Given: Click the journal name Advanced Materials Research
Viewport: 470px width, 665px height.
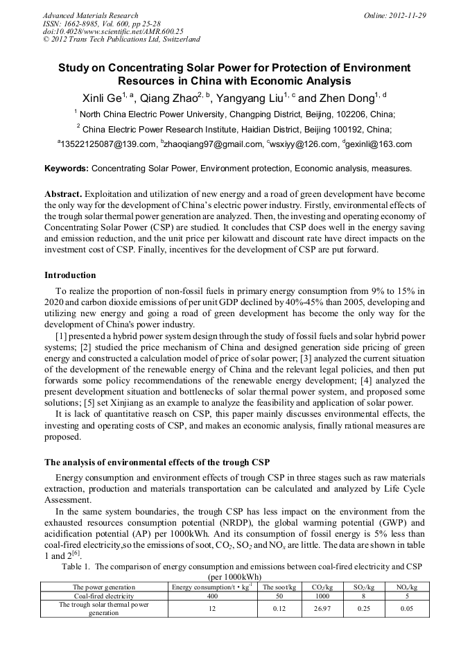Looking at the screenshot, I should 90,15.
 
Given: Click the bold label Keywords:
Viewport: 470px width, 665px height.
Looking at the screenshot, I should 67,168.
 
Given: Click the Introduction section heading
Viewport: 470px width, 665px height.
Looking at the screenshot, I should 72,275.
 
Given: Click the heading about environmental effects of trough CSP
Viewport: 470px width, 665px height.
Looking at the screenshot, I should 157,462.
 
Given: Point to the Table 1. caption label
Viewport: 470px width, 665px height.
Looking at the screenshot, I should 78,567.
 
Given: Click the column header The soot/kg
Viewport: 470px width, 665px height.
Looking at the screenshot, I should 279,587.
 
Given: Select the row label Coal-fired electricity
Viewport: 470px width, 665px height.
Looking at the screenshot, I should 104,595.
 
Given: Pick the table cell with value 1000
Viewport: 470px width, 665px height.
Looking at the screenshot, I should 323,595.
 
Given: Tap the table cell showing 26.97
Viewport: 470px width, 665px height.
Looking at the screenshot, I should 323,608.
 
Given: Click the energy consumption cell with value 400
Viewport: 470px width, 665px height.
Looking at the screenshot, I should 212,595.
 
